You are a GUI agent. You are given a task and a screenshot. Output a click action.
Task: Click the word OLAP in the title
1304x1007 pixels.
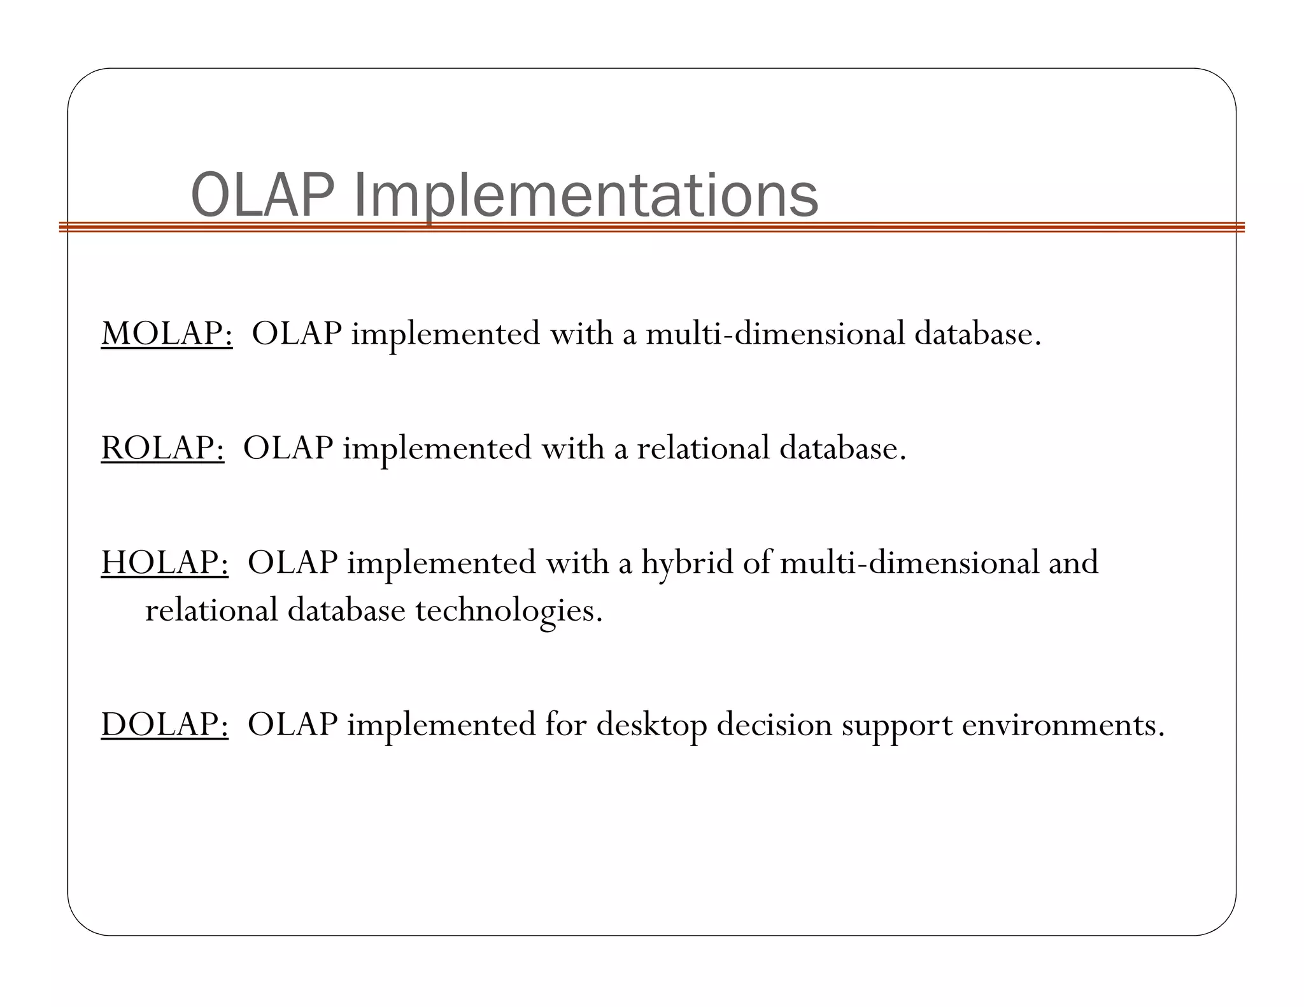coord(262,195)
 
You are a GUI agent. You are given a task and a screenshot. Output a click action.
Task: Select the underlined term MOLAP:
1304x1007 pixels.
coord(167,333)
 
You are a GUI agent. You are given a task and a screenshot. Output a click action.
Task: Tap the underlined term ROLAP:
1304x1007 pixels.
coord(162,447)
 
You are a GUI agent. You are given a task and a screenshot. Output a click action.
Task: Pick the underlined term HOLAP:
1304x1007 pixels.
coord(164,562)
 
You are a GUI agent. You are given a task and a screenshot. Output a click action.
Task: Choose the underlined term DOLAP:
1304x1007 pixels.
coord(164,724)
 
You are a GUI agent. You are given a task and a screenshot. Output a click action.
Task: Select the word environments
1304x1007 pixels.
coord(1063,724)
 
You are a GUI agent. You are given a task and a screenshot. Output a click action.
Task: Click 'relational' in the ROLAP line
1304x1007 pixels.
coord(703,447)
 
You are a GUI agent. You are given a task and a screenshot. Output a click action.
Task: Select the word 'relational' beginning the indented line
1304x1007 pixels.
coord(211,610)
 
